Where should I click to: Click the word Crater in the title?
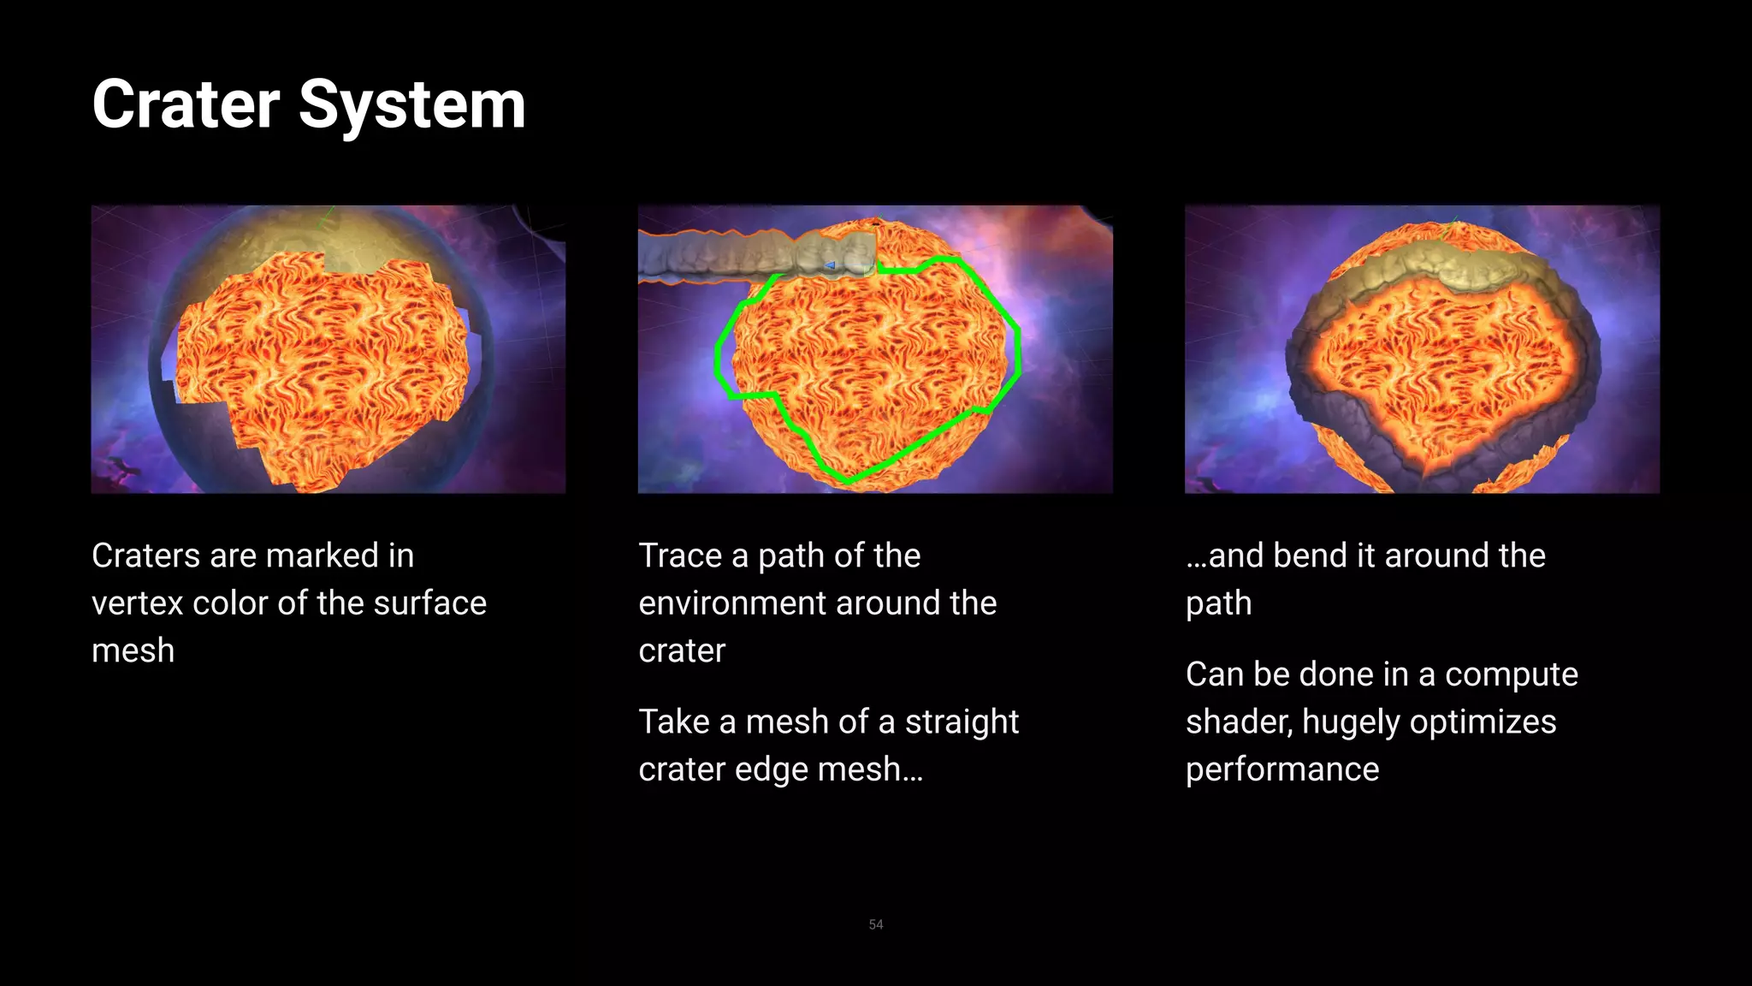[x=186, y=104]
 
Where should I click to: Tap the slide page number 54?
[x=875, y=924]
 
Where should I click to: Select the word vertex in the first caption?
[x=137, y=603]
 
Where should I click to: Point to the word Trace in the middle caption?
[x=680, y=555]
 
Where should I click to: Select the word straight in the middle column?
[x=962, y=722]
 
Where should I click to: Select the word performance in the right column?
[x=1281, y=769]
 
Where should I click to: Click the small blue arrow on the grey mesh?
[x=829, y=266]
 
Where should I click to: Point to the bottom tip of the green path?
[x=848, y=481]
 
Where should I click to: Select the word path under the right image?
[x=1218, y=603]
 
